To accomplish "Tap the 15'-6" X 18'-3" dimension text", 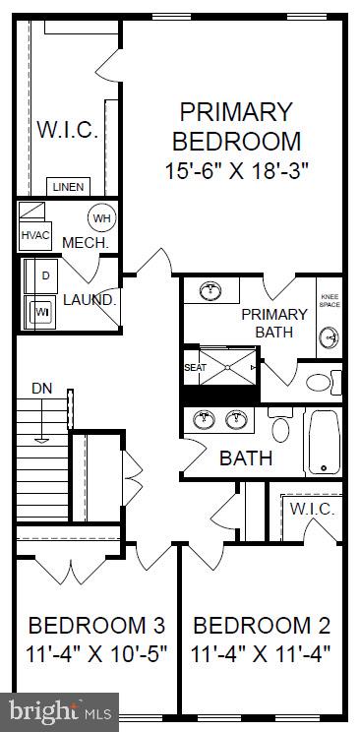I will pos(236,169).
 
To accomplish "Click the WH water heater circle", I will pos(101,218).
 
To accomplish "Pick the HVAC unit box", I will pos(34,236).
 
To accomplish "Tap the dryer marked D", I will pos(45,275).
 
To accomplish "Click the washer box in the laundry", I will pos(42,311).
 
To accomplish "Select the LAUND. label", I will pos(90,300).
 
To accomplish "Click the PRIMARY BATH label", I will pos(274,323).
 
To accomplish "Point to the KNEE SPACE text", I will pos(330,300).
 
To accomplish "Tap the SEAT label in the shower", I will pos(193,367).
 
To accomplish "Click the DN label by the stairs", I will pos(41,388).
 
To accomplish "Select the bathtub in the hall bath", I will pos(324,442).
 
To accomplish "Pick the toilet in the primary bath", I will pos(320,382).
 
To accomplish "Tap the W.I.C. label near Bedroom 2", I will pos(313,510).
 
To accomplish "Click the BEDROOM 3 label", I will pos(96,626).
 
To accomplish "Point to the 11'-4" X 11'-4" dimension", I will pos(262,651).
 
